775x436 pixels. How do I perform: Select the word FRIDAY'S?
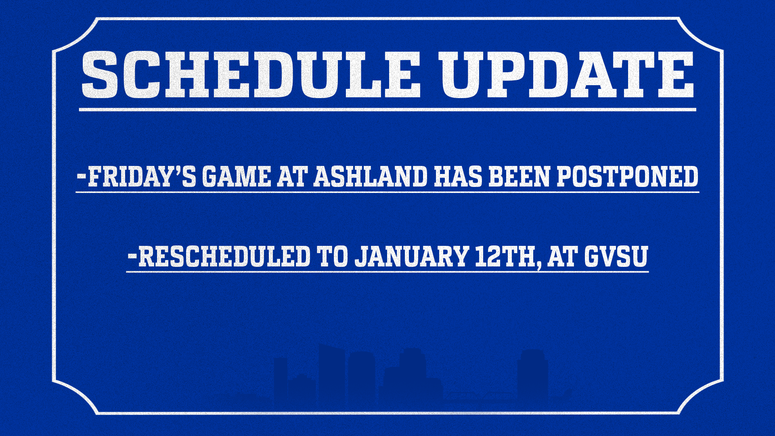click(x=142, y=177)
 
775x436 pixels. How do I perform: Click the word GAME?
click(x=236, y=177)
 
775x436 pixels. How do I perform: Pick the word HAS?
click(x=458, y=177)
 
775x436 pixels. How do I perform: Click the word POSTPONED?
click(x=627, y=177)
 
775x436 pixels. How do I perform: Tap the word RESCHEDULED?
click(x=224, y=257)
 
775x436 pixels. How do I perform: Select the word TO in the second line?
click(x=332, y=257)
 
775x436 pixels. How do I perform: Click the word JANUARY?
click(x=411, y=257)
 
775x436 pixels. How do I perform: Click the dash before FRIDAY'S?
click(x=81, y=176)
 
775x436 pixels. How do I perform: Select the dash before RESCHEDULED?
click(x=132, y=256)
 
